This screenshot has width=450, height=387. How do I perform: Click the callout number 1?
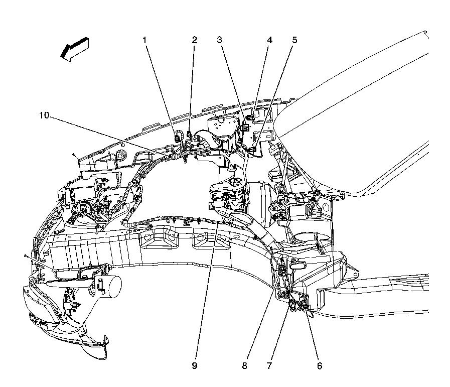145,40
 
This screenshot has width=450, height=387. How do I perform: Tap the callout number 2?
195,40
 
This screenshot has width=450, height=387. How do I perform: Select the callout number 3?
220,40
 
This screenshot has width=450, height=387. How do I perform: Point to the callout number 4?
269,40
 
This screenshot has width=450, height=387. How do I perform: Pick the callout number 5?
295,40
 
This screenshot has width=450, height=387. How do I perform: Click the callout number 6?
320,366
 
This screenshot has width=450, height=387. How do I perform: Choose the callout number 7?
269,366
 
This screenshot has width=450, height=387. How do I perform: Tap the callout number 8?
244,366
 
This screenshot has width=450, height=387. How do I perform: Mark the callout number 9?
195,366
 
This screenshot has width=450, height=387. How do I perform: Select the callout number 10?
44,115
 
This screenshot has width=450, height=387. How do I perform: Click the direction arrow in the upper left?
74,49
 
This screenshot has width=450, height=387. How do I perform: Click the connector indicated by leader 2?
189,134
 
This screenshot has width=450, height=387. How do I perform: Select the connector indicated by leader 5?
253,150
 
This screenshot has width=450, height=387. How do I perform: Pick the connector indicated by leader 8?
281,271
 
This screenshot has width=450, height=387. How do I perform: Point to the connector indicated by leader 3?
245,126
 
